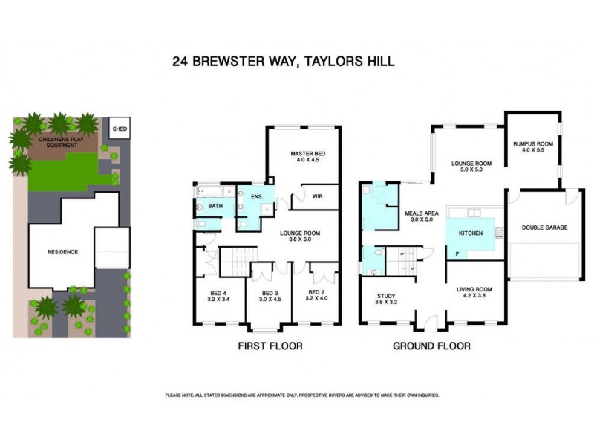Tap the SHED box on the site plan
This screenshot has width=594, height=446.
pos(120,129)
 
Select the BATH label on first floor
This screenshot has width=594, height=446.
pos(216,206)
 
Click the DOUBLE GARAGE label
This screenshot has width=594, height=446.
pos(544,227)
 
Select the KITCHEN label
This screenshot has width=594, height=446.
pos(470,233)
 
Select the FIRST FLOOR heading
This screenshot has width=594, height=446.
pos(270,346)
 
